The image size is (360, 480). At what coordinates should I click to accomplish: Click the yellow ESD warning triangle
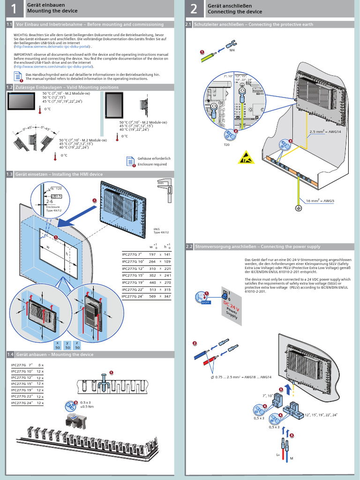[247, 157]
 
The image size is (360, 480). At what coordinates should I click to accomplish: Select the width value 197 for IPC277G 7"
[152, 254]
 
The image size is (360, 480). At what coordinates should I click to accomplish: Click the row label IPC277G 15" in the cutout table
[132, 275]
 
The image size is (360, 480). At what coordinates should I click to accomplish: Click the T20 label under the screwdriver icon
[226, 145]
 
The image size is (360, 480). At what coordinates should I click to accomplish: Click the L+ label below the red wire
[278, 454]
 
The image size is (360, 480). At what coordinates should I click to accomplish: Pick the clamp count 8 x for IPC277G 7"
[41, 365]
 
